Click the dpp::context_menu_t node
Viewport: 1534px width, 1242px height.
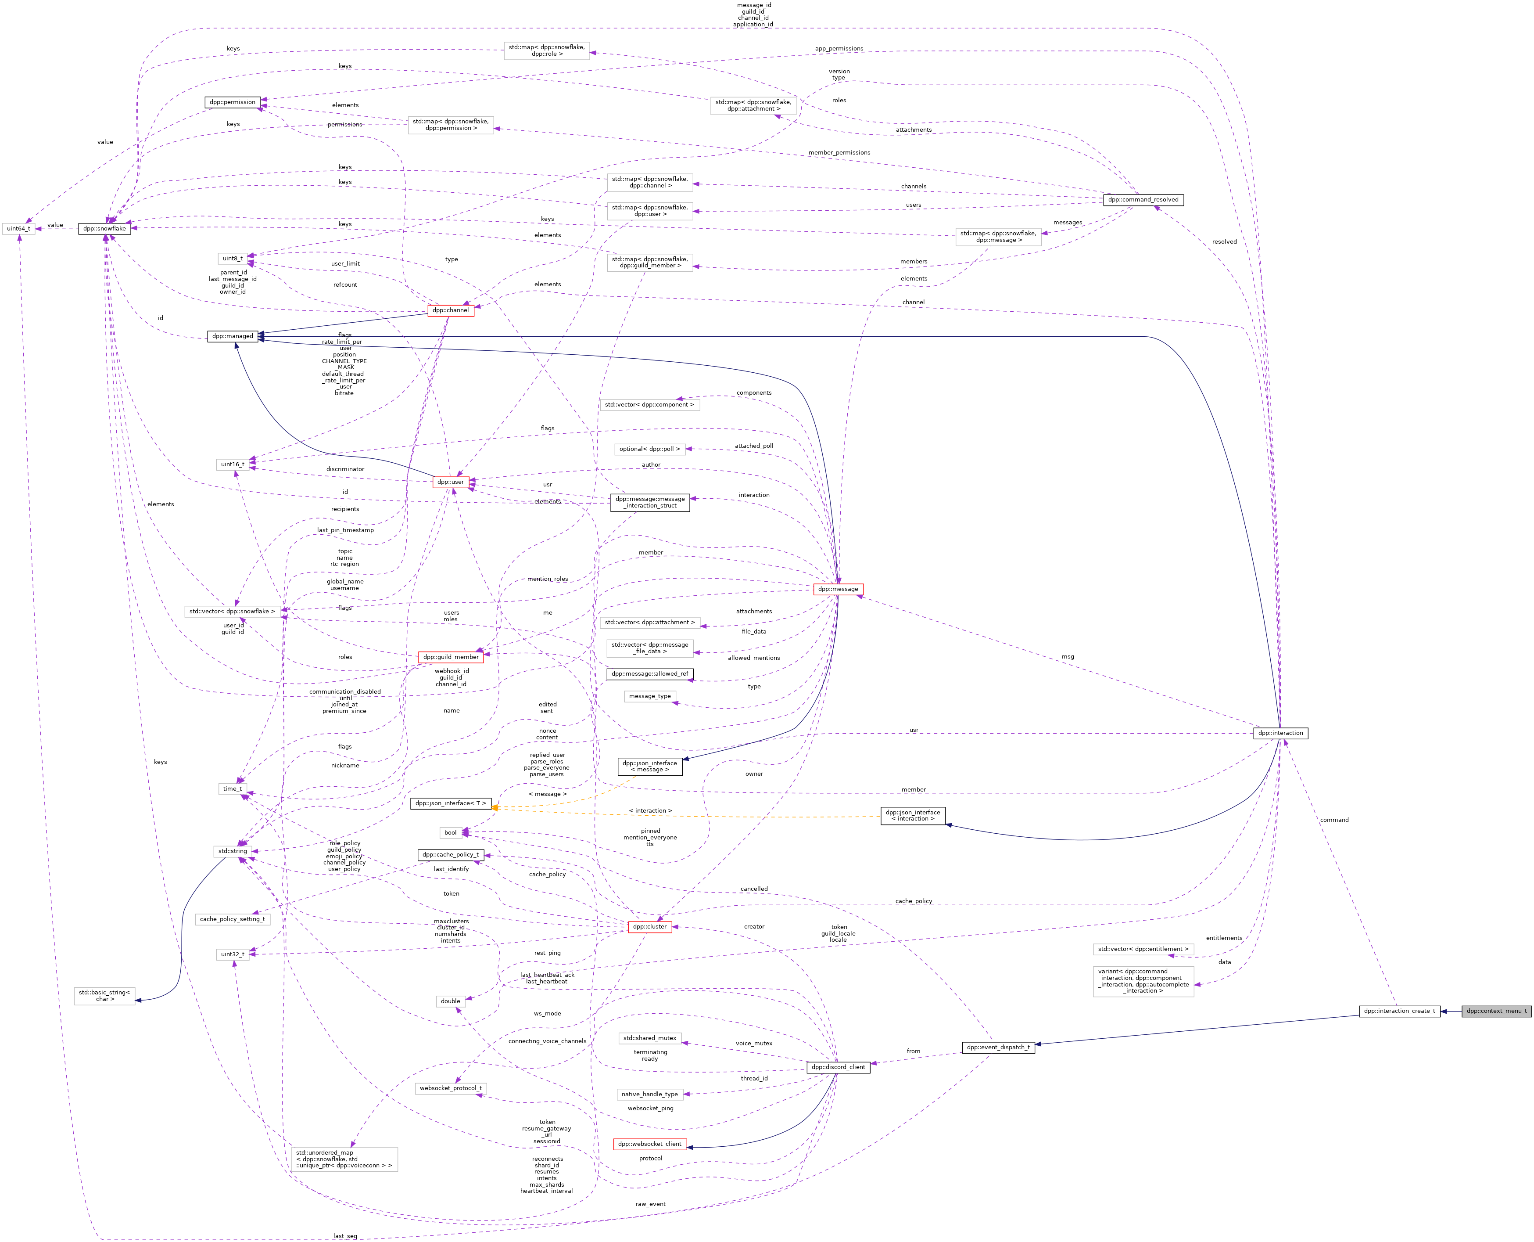[x=1496, y=1011]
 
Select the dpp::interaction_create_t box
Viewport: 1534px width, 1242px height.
[x=1399, y=1011]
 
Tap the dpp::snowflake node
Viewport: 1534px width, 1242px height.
[x=104, y=229]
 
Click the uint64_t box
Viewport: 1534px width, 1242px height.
[x=18, y=229]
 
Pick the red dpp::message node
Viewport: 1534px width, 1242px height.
[x=838, y=589]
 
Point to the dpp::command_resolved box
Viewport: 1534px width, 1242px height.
[x=1143, y=200]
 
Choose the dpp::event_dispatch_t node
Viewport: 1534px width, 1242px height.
[x=998, y=1048]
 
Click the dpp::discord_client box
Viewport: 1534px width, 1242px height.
[x=838, y=1067]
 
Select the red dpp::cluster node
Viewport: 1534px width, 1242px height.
[x=649, y=926]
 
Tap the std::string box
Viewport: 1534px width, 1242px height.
[x=233, y=851]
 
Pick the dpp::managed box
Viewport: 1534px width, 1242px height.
[x=233, y=336]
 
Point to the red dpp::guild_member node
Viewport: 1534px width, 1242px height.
[x=451, y=657]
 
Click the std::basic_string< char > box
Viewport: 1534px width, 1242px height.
[x=104, y=996]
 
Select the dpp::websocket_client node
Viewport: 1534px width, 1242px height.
[x=649, y=1144]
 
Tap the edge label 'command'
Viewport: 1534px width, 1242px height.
[x=1334, y=820]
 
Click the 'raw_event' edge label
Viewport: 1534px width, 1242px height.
[x=650, y=1204]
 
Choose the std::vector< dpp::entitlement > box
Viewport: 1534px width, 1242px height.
[x=1143, y=949]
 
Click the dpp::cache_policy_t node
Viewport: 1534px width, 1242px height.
[x=451, y=855]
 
